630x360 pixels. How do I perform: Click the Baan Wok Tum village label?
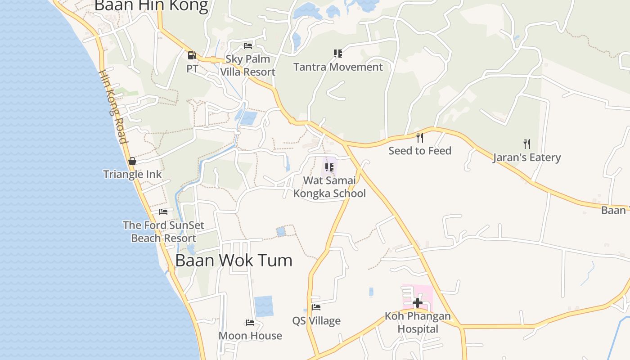(234, 261)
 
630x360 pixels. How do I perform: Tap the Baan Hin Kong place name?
(151, 6)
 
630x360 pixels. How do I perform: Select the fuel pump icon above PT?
(192, 55)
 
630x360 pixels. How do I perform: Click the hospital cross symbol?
(418, 303)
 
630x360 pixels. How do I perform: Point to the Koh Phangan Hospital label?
(418, 322)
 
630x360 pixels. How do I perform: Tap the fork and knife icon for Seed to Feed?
(420, 137)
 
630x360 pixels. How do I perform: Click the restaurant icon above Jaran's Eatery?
(526, 144)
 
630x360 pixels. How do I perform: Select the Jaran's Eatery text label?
(526, 157)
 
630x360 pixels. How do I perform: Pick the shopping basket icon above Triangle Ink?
(132, 161)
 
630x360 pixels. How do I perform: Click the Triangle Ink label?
(132, 174)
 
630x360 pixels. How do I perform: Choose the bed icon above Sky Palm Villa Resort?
(248, 45)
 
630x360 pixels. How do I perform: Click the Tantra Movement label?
(338, 67)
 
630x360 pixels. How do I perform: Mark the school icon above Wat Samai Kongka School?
(329, 167)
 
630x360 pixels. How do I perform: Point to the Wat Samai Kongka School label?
(329, 187)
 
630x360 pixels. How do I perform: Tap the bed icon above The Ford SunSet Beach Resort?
(163, 211)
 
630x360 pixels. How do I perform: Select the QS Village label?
(316, 321)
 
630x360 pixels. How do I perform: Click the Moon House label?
(250, 336)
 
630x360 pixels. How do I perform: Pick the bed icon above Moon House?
(250, 322)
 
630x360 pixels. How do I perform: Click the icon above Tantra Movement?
(338, 54)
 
